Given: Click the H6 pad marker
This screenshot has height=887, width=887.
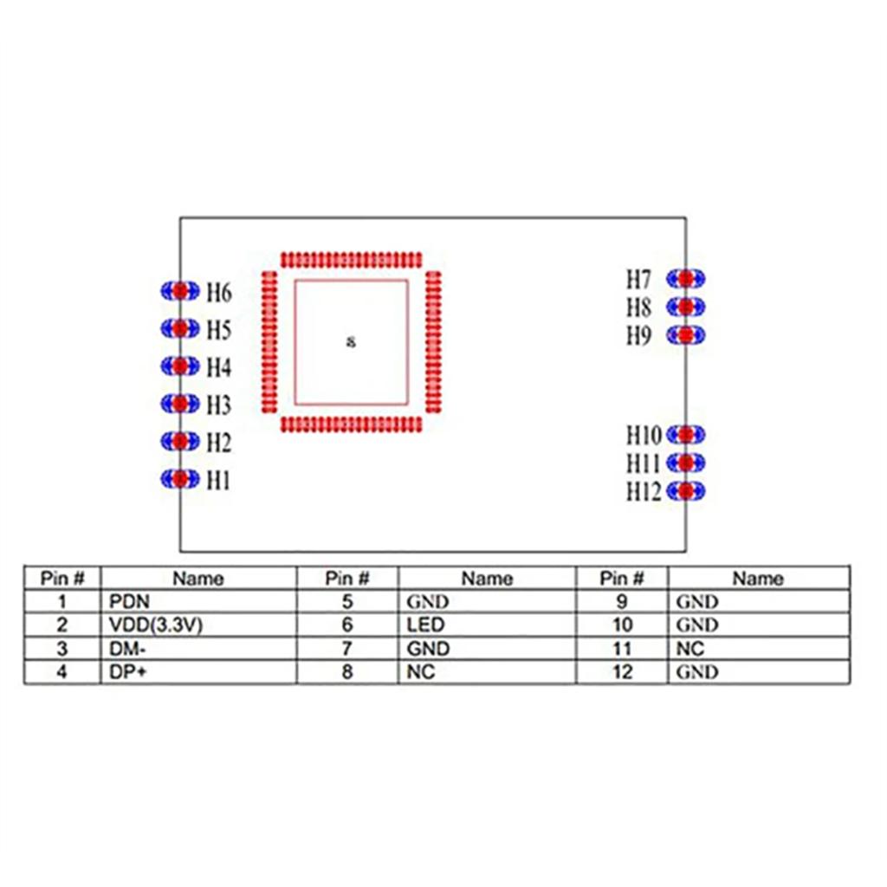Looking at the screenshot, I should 180,291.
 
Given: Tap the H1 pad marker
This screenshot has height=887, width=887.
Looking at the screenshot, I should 180,478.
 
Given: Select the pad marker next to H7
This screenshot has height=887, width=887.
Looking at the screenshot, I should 685,278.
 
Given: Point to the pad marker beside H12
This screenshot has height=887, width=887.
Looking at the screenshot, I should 685,491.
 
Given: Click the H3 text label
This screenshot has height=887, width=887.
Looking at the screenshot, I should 219,405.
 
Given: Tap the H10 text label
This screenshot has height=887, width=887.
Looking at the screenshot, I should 644,434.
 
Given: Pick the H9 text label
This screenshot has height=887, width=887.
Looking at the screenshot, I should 638,336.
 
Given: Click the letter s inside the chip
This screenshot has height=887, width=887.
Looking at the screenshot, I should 351,341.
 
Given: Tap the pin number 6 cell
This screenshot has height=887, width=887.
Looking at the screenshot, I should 347,625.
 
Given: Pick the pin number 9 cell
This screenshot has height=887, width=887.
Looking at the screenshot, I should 622,601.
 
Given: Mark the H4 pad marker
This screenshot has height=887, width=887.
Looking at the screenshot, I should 180,366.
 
